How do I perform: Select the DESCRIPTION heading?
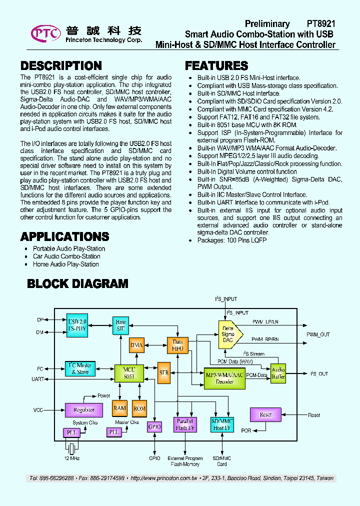point(61,66)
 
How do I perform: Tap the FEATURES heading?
point(216,66)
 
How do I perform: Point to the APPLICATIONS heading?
point(64,236)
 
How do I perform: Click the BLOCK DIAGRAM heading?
point(77,284)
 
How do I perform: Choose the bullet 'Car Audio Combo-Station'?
point(66,256)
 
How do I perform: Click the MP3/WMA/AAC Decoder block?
point(224,378)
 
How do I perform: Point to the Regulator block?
point(83,410)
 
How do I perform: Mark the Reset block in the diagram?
point(265,414)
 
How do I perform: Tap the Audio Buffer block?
point(278,373)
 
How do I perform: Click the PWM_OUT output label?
point(318,334)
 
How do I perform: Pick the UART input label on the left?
point(37,379)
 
